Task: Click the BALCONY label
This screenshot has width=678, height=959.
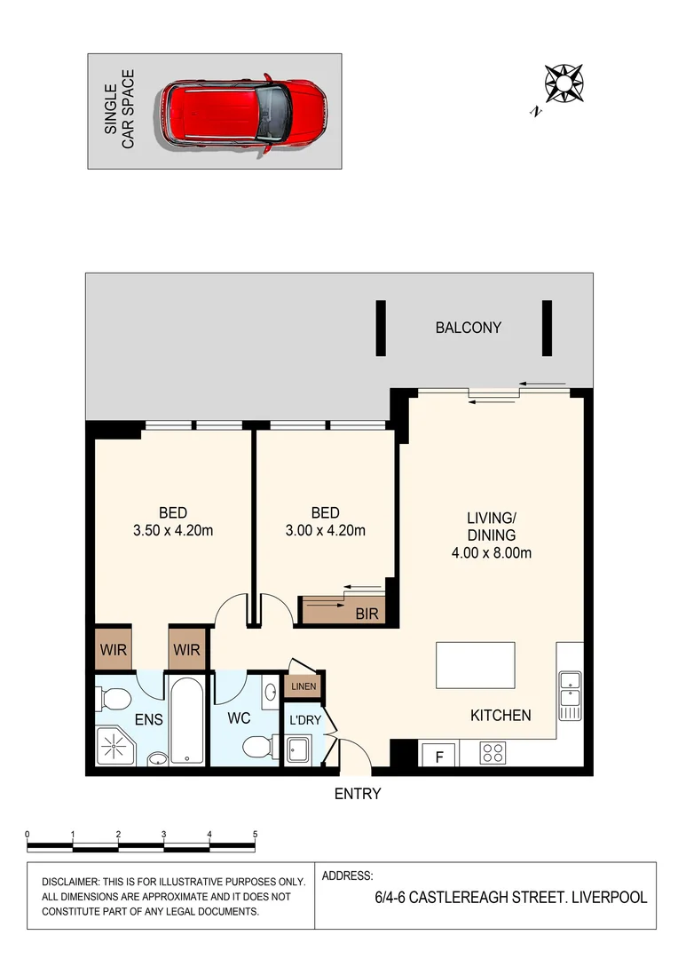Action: (468, 328)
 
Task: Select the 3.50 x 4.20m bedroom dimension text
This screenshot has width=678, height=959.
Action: (173, 531)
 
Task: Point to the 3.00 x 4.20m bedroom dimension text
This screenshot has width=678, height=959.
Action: (325, 531)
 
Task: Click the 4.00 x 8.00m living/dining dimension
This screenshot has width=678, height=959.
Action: (491, 553)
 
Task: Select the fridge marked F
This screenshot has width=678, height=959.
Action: (438, 755)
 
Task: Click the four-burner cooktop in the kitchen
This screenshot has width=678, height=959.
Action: (493, 754)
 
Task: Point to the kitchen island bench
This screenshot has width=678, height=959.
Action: (475, 664)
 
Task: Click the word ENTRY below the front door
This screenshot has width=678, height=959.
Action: (357, 794)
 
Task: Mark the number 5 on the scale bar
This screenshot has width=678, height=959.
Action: (255, 835)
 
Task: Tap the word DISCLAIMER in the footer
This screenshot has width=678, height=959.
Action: (74, 882)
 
